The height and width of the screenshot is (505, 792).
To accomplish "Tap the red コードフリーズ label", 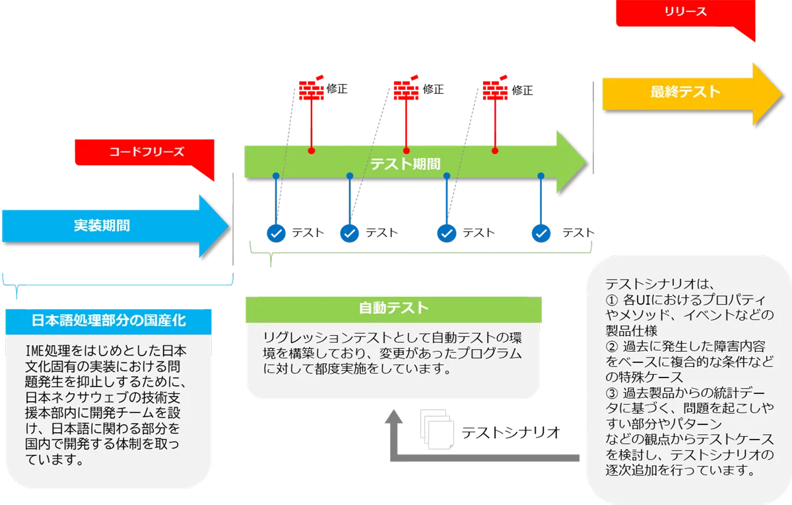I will pos(146,152).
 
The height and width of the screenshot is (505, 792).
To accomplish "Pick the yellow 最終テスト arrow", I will pos(685,92).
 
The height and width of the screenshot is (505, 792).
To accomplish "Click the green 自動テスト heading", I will pos(393,308).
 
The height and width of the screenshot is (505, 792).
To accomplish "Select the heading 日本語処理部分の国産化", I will pos(109,321).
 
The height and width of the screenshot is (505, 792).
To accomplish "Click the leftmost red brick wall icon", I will pos(311,89).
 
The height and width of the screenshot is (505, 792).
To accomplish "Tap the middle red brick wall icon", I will pos(406,89).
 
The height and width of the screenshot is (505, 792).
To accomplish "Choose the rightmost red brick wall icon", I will pos(495,89).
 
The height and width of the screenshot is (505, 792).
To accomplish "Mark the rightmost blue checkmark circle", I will pos(541,233).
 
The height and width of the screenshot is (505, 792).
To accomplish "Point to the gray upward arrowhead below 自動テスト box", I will pos(395,417).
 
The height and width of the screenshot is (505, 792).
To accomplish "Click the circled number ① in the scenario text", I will pos(611,299).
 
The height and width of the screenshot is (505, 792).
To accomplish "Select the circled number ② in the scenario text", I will pos(611,346).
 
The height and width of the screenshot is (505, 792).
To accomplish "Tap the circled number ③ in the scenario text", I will pos(611,393).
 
